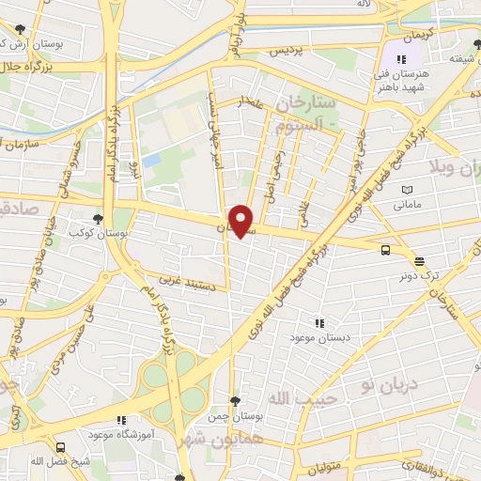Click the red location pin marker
coord(241,220)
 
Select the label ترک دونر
coord(419,276)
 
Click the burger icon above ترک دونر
coord(418,261)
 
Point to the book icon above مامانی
coord(406,189)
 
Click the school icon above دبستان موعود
coord(320,321)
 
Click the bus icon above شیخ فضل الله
coord(61,448)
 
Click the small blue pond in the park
coord(151,160)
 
